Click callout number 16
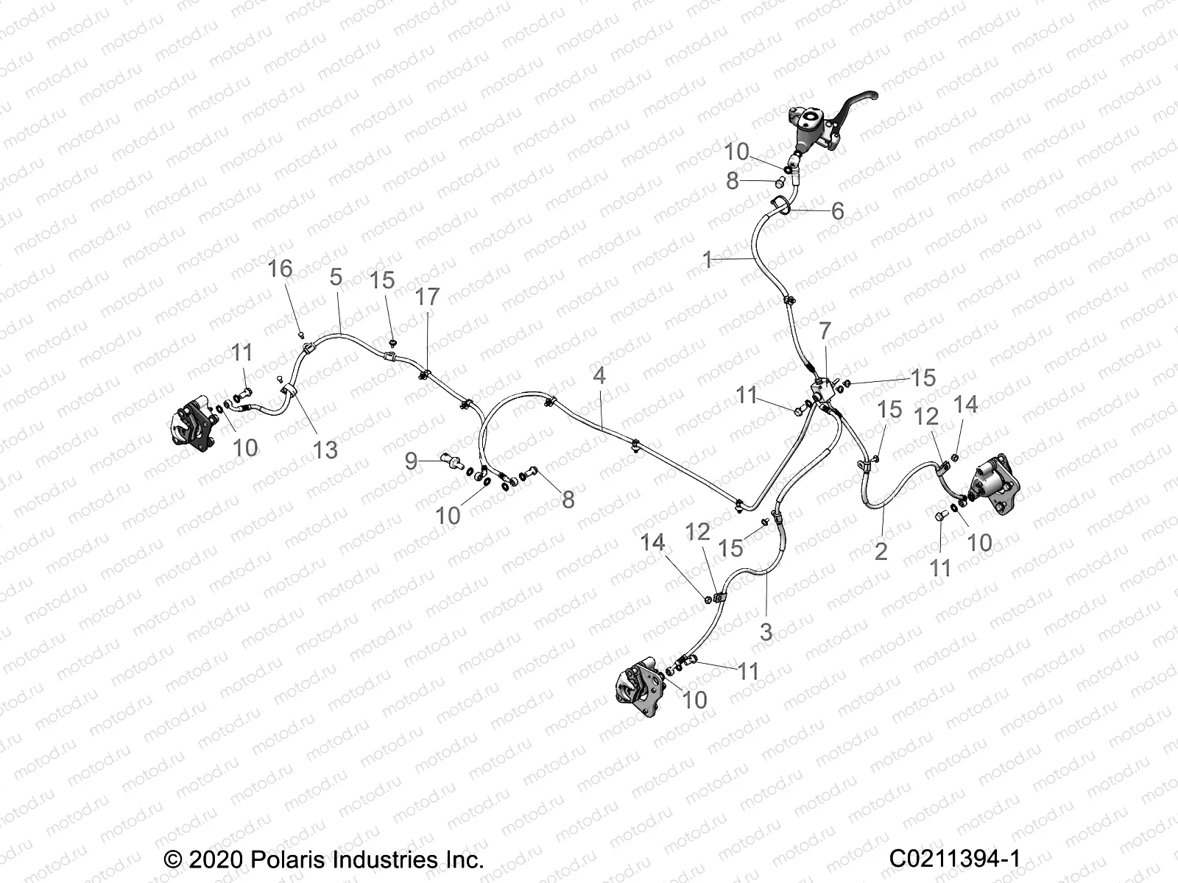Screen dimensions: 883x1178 [x=280, y=269]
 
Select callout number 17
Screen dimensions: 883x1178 [x=427, y=297]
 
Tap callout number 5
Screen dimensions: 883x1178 [x=336, y=277]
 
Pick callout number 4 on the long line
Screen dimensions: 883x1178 [x=599, y=376]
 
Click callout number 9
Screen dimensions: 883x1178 [x=411, y=461]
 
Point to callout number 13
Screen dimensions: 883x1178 [x=325, y=449]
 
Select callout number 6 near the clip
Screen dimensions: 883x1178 [x=837, y=211]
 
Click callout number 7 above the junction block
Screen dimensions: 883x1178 [x=825, y=331]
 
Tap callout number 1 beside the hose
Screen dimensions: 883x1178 [x=708, y=260]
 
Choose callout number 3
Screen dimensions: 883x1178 [x=766, y=631]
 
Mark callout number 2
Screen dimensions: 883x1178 [x=881, y=550]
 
